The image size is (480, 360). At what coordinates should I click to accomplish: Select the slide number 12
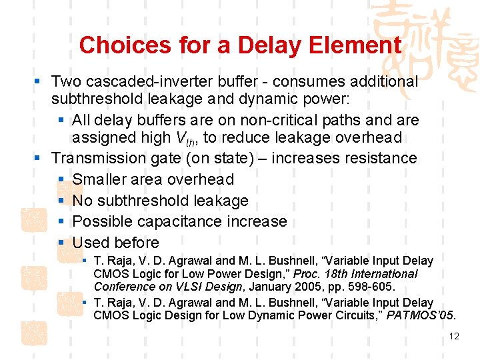click(x=454, y=336)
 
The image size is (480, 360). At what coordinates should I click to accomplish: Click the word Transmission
click(x=97, y=159)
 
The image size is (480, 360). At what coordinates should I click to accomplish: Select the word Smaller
click(x=99, y=180)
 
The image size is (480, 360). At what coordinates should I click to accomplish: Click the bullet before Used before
click(x=61, y=243)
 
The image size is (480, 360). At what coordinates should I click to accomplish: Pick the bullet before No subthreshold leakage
click(x=61, y=201)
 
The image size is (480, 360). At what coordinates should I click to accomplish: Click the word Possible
click(x=101, y=221)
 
